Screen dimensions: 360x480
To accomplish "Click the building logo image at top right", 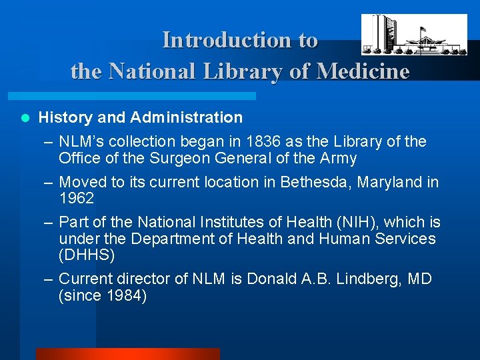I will coord(414,35).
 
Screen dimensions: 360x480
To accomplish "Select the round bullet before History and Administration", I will coord(25,118).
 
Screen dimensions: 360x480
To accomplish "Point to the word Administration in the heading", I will coord(187,118).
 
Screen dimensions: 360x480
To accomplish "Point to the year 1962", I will coord(76,199).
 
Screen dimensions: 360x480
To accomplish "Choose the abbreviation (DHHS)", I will coord(87,255).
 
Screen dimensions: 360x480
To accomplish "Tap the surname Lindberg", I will coord(368,279).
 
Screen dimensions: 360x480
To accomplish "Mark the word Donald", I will coord(269,279).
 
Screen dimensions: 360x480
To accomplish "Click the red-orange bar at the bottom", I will coord(127,354).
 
